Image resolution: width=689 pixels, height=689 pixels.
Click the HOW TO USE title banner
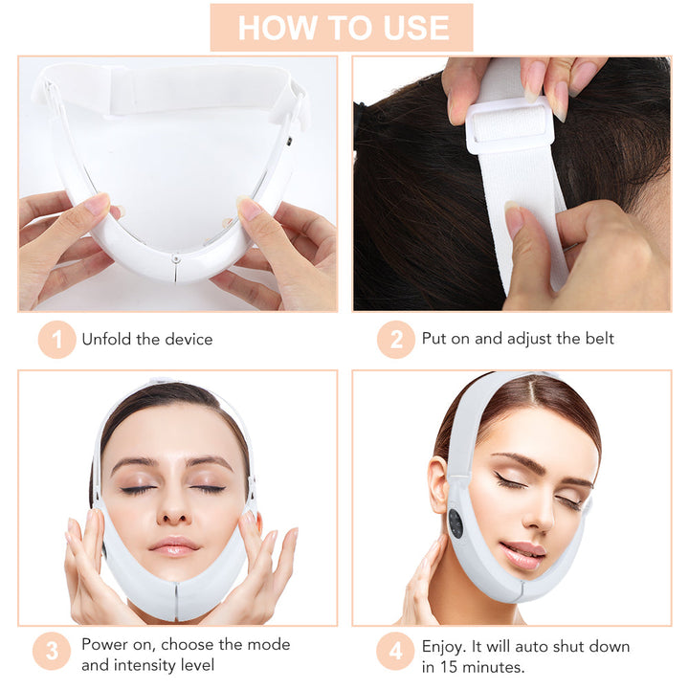[342, 28]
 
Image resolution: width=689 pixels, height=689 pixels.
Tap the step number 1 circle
[56, 340]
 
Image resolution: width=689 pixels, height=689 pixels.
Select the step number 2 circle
[396, 340]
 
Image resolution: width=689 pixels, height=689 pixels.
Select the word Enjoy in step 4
[443, 646]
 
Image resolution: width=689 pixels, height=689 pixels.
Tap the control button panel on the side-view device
[455, 522]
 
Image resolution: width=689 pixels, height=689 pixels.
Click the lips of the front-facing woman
[174, 546]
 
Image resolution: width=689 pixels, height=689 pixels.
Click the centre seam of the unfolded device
[176, 267]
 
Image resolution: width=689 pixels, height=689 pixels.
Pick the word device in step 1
[188, 339]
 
